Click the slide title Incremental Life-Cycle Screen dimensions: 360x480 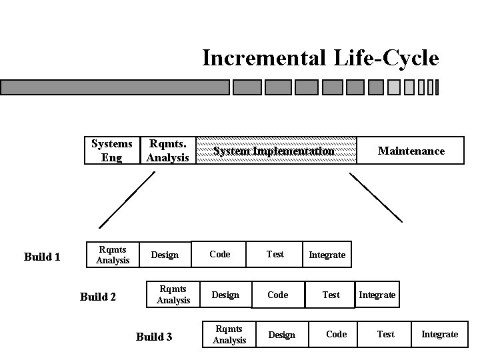tap(320, 58)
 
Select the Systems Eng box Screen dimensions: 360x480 tap(112, 151)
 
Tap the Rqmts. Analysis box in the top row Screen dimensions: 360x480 tap(168, 151)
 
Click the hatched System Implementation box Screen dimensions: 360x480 tap(274, 151)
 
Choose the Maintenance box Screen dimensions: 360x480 tap(411, 151)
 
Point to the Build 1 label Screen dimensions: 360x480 tap(42, 257)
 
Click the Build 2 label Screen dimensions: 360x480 tap(98, 297)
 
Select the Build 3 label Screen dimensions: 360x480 tap(154, 337)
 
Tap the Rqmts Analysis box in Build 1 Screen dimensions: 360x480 tap(113, 255)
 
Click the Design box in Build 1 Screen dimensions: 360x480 tap(165, 255)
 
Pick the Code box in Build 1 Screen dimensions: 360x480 tap(219, 254)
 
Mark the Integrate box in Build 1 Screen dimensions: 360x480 tap(327, 255)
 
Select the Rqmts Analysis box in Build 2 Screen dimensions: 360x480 tap(173, 295)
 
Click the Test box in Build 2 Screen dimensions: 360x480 tap(331, 295)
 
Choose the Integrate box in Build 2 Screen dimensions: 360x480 tap(377, 295)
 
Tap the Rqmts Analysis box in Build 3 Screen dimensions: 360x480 tap(229, 335)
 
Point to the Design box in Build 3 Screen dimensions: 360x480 tap(281, 335)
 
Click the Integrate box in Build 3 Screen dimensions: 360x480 tap(439, 334)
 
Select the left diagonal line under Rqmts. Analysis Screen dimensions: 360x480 tap(127, 200)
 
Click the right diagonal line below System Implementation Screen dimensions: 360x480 tap(376, 197)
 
